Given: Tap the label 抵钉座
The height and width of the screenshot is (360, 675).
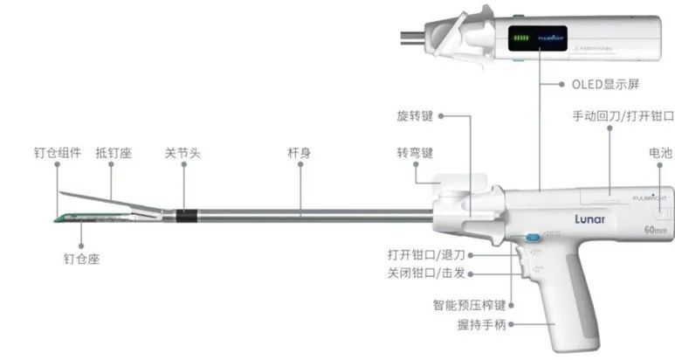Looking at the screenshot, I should (x=113, y=153).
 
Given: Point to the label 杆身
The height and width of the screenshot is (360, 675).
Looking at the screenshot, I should (x=300, y=153).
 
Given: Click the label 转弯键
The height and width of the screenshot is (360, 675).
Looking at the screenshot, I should (x=415, y=153).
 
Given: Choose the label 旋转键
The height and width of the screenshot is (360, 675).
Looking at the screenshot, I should (x=415, y=115).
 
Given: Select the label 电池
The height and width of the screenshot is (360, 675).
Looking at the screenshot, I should (x=660, y=153).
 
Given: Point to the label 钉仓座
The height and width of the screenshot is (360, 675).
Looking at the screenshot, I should (x=81, y=259).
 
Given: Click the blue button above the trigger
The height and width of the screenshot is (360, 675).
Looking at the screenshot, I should (x=530, y=238).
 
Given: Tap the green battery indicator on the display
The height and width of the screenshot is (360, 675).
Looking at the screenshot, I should (x=521, y=39).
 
